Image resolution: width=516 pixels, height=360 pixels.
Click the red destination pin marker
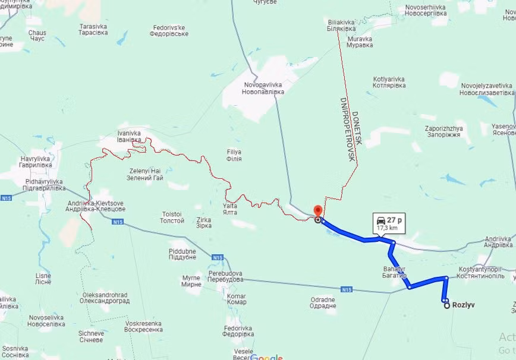[x=317, y=212]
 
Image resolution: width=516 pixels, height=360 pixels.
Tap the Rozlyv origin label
[x=464, y=305]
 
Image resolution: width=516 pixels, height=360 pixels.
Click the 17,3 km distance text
[x=388, y=228]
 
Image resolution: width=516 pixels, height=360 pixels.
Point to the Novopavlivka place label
[x=263, y=89]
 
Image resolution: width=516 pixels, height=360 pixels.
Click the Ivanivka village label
[x=129, y=137]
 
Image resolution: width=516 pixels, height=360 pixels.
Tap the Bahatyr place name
[x=394, y=273]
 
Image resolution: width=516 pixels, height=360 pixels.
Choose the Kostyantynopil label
[x=482, y=273]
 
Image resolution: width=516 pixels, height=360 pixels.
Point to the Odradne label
[x=323, y=303]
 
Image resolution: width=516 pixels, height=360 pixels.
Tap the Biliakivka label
[x=342, y=25]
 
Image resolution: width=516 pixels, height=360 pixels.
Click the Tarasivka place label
[x=93, y=30]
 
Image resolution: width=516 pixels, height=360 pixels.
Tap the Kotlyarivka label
[x=389, y=82]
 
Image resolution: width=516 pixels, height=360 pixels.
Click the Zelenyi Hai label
[x=146, y=174]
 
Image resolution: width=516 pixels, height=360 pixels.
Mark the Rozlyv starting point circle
[x=446, y=305]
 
